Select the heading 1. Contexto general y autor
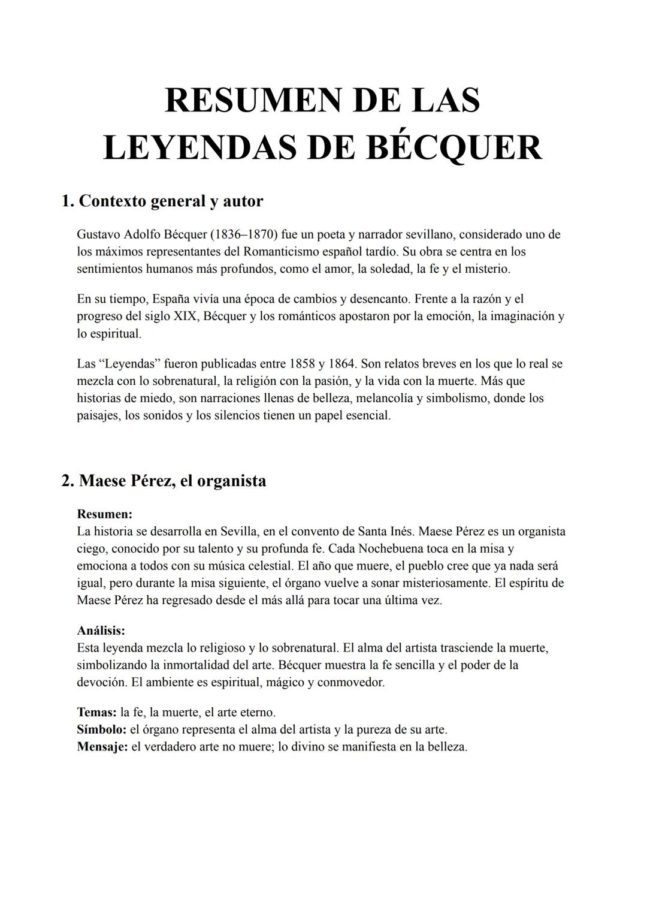(x=162, y=201)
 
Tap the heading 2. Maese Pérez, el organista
(x=164, y=481)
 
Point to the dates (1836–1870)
(x=239, y=234)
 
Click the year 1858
(x=302, y=364)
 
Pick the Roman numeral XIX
(x=185, y=316)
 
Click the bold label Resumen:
(x=105, y=514)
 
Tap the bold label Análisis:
(x=101, y=631)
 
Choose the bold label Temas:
(x=96, y=713)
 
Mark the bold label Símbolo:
(x=101, y=730)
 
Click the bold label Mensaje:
(x=102, y=747)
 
